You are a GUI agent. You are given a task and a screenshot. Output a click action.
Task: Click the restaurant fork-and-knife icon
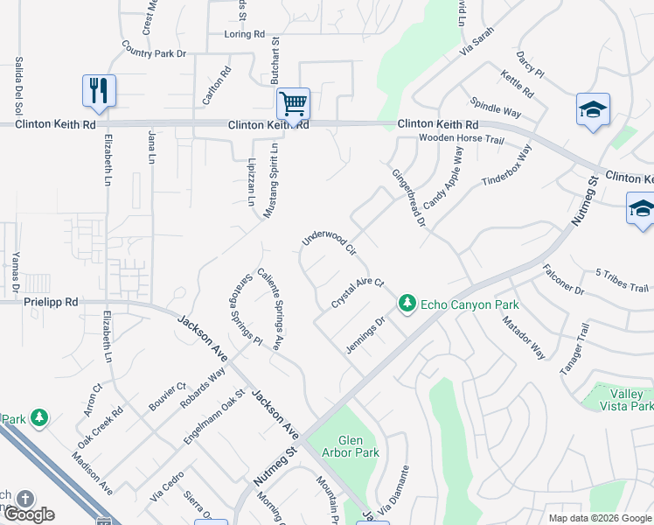tap(99, 90)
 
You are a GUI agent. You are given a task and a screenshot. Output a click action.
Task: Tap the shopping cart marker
tap(293, 103)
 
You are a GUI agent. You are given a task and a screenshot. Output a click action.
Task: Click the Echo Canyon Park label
tap(470, 304)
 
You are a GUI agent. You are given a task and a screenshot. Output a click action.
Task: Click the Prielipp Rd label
tap(51, 302)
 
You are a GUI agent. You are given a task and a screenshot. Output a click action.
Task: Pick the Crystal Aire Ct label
tap(358, 293)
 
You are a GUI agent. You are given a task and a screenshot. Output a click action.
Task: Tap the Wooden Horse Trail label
tap(461, 139)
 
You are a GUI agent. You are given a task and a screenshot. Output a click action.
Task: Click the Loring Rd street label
tap(244, 34)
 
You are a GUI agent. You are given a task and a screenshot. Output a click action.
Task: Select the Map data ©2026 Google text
tap(599, 518)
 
